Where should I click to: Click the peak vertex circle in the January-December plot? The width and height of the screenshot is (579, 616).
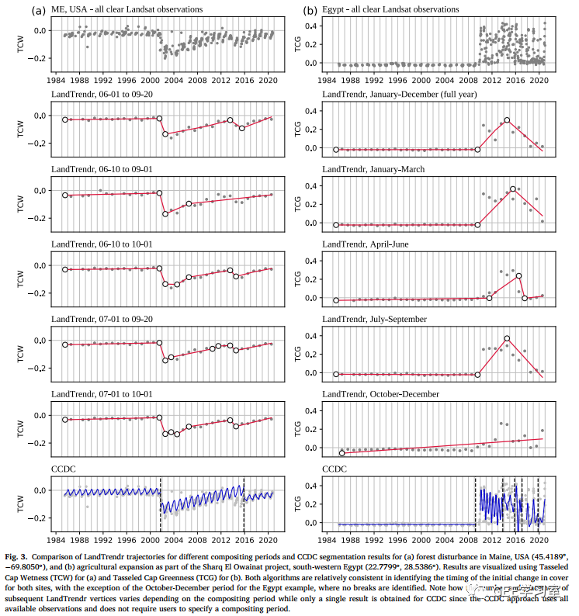tap(507, 120)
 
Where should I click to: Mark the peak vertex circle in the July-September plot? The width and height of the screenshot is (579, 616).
tap(507, 338)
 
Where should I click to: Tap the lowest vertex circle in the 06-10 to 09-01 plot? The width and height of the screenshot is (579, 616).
tap(165, 213)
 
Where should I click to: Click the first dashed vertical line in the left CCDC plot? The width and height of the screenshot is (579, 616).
tap(160, 504)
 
